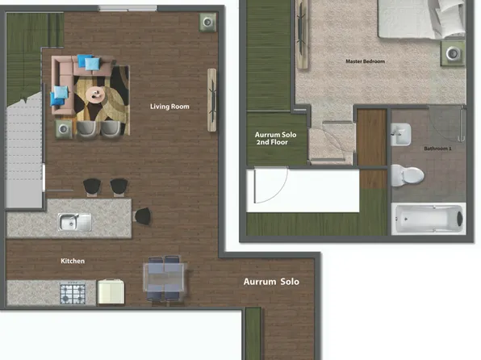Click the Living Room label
169,107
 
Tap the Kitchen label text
73,261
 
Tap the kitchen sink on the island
74,221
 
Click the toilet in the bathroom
408,174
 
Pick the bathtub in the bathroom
428,218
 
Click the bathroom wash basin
402,136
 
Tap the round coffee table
97,95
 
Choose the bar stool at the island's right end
142,216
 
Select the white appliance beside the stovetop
111,291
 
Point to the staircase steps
23,153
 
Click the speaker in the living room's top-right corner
207,21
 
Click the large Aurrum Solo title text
271,282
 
